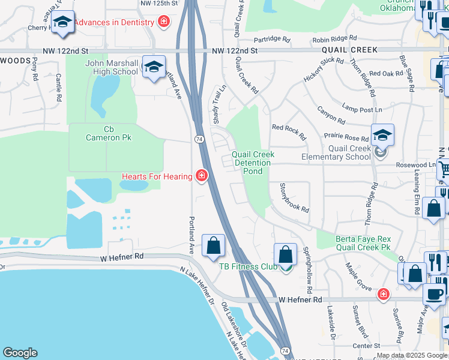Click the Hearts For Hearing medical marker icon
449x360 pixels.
coord(202,176)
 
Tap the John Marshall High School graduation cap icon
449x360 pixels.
coord(154,68)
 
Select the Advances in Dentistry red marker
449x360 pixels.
coord(163,22)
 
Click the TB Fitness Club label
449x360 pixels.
coord(248,266)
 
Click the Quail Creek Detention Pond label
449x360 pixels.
coord(253,163)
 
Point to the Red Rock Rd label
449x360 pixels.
coord(289,127)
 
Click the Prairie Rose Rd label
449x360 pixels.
coord(346,137)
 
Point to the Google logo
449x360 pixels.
coord(20,353)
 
